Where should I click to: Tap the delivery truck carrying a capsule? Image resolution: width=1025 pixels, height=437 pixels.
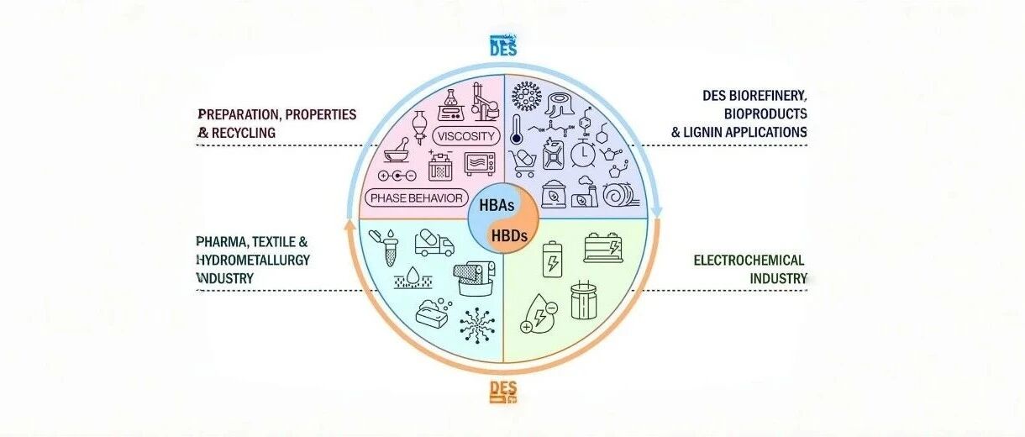[434, 243]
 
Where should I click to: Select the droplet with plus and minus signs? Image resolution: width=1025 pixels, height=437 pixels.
[537, 314]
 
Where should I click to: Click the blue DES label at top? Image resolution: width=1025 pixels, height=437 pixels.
[503, 47]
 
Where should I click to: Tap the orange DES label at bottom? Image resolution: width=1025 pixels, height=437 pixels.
[503, 390]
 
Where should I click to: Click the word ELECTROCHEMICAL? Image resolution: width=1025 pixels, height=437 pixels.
[749, 261]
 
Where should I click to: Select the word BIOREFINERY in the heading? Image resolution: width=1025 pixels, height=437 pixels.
[767, 96]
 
